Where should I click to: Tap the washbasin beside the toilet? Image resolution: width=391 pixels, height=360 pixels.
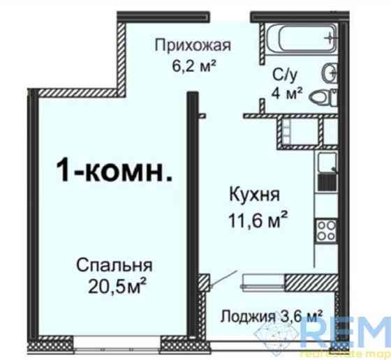click(x=330, y=72)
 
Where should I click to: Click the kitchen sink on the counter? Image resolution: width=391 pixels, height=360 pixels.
click(x=326, y=165)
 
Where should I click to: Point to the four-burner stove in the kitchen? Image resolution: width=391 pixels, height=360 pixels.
click(x=326, y=230)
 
